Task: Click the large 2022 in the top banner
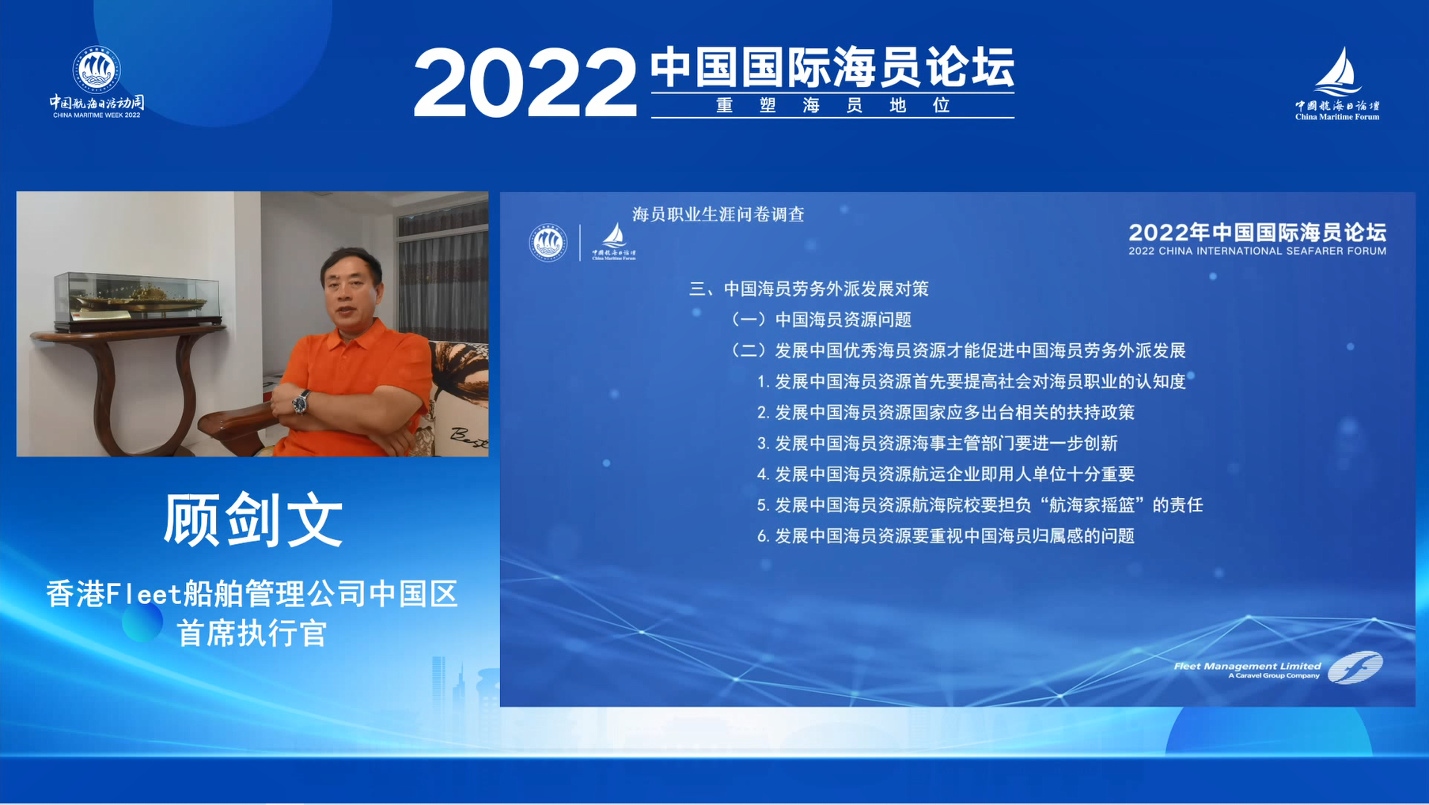point(525,82)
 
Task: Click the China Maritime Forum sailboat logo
point(1337,83)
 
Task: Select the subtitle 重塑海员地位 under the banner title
point(832,105)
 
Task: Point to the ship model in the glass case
point(137,299)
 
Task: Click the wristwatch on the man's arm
point(301,402)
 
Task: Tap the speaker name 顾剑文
point(253,520)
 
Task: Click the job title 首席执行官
point(252,633)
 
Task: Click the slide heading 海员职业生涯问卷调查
point(718,214)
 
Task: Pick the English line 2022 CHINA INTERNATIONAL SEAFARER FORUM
point(1257,251)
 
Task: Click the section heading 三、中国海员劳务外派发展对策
point(809,289)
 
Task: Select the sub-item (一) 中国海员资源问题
point(821,319)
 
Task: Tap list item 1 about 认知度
point(971,382)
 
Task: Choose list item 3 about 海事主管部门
point(937,444)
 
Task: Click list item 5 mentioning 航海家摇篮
point(980,505)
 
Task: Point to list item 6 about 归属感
point(946,536)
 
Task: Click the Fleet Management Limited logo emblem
point(1355,668)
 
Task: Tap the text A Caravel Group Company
point(1274,676)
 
